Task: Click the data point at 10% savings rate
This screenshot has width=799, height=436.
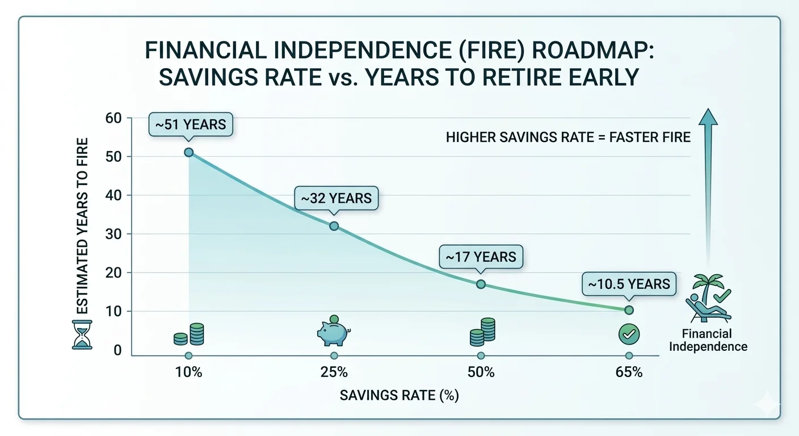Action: [189, 152]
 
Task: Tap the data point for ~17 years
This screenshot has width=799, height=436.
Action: [481, 284]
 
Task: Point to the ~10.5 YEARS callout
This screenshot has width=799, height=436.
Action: [629, 284]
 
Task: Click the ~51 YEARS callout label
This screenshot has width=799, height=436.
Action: [191, 124]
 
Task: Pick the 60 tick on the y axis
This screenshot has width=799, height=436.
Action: [113, 118]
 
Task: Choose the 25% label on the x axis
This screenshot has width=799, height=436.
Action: [334, 373]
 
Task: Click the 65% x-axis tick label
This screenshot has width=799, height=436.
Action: [629, 373]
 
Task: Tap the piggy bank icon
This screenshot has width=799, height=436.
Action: [334, 332]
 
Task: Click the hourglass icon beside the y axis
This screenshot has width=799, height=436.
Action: [82, 335]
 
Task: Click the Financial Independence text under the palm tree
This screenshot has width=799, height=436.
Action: [708, 339]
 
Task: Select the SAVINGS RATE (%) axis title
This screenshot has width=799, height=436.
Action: [399, 395]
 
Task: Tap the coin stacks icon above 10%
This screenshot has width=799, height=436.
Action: [189, 334]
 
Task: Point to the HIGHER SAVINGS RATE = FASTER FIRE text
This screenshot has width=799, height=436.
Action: [568, 137]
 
